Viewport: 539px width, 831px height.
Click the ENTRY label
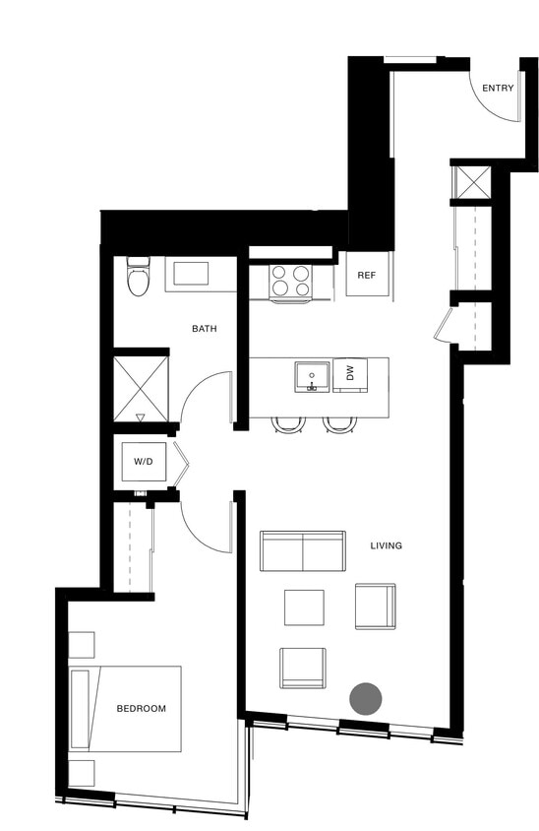tap(498, 89)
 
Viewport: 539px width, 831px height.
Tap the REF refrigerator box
tap(367, 276)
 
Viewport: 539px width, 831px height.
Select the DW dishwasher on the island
tap(349, 374)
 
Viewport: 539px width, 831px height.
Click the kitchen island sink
tap(312, 376)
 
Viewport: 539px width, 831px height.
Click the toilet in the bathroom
tap(139, 279)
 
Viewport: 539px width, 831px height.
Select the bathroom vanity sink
tap(191, 273)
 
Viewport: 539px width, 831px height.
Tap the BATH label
tap(205, 329)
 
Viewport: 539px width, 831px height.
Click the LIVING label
tap(387, 545)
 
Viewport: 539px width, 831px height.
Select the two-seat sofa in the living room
tap(303, 550)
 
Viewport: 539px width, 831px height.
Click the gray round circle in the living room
tap(366, 699)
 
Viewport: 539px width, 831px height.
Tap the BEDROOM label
tap(141, 708)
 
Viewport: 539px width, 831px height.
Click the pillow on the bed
tap(80, 709)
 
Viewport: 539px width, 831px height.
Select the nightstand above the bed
tap(82, 644)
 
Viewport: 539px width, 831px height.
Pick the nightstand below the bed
tap(82, 772)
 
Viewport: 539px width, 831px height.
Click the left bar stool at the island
tap(288, 424)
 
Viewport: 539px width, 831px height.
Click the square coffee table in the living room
tap(304, 607)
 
